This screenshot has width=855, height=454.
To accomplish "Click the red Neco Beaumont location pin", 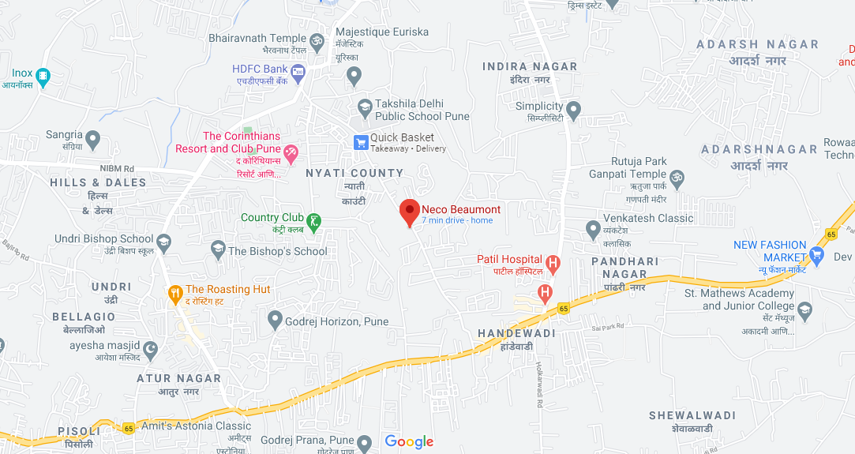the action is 409,212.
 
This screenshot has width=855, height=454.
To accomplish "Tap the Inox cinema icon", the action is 43,77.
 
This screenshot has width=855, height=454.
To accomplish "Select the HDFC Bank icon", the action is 298,74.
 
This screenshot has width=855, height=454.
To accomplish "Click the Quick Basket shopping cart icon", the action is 361,142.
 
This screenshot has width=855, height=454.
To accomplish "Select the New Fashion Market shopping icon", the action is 816,255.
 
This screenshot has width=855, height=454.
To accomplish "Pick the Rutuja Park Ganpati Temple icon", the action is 677,177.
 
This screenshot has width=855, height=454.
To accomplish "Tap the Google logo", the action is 409,441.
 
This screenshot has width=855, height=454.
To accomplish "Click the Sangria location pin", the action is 93,141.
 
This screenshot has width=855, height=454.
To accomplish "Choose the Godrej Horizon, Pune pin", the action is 275,320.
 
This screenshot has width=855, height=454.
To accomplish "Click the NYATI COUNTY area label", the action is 354,173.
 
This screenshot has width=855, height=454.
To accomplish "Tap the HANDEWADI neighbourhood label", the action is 516,333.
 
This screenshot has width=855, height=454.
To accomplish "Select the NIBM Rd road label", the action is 118,168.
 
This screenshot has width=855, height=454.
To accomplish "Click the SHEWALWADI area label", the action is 692,415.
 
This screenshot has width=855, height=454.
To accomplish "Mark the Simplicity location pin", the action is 574,109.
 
